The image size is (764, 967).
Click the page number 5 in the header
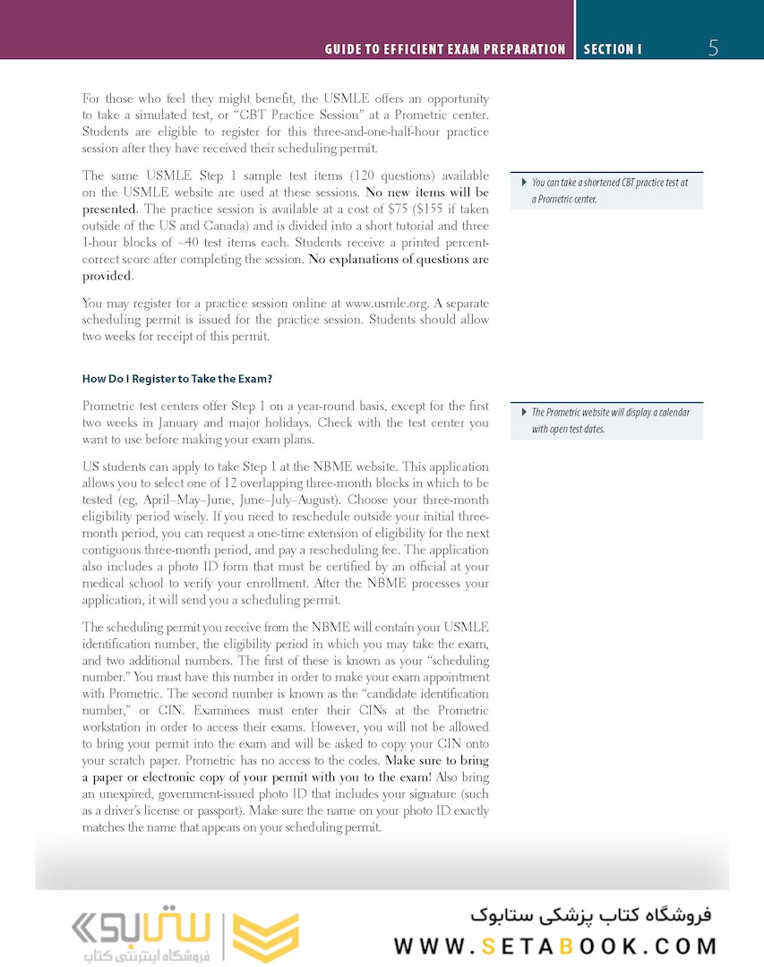tap(713, 48)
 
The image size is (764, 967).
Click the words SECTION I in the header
tap(613, 49)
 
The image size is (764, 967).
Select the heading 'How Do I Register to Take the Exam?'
tap(177, 379)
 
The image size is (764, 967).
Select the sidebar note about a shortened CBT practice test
tap(609, 191)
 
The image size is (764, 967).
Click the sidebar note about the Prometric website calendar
tap(609, 421)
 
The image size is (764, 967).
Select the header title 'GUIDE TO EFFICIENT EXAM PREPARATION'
tap(445, 49)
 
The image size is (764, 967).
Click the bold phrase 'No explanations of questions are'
tap(399, 260)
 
